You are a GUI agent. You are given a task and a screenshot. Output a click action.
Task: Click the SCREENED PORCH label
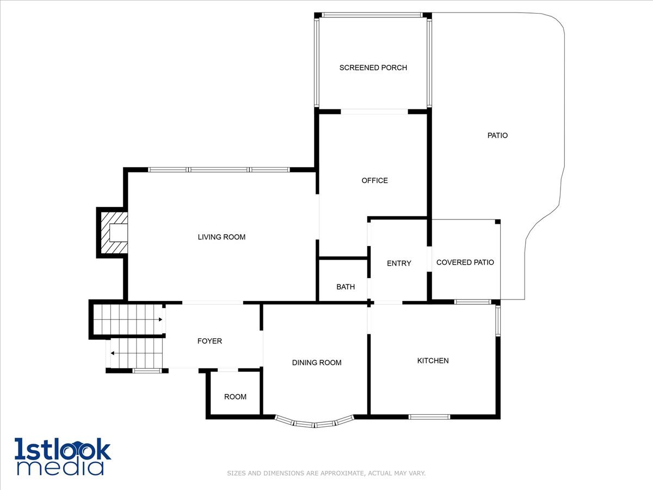(373, 68)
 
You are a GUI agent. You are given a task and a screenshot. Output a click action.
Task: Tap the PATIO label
(497, 135)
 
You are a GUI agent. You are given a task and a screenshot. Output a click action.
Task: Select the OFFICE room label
(375, 180)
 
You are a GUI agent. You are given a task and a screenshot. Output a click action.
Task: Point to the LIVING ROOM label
(221, 237)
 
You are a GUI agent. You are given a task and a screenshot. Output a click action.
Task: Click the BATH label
(346, 286)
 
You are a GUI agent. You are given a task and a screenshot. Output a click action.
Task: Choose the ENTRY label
(399, 263)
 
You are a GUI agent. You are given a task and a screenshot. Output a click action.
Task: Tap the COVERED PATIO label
(465, 262)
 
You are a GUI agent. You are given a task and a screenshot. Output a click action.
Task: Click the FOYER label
(210, 341)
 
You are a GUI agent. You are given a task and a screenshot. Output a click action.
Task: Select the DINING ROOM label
(317, 363)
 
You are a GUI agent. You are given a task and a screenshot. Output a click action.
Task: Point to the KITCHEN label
(433, 360)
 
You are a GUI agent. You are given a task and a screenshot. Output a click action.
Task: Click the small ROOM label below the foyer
(235, 396)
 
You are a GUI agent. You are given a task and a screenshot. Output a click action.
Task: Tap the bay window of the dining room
(315, 422)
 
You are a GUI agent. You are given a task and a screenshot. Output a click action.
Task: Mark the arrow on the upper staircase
(160, 320)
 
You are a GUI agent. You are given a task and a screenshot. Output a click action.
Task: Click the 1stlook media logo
(63, 456)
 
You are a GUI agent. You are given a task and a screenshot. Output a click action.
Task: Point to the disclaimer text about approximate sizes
(326, 473)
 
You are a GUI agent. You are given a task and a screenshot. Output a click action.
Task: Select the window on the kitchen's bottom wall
(429, 417)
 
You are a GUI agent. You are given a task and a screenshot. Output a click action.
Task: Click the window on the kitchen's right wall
(497, 321)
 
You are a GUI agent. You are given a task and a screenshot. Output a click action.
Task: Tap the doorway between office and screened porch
(374, 112)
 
